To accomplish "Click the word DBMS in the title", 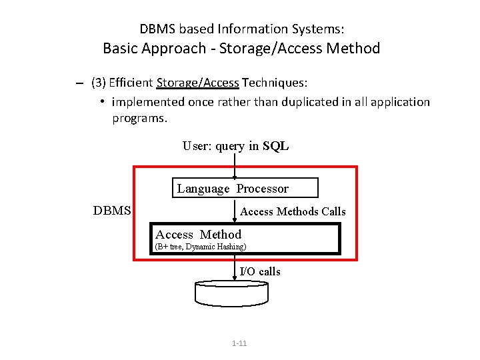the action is click(x=157, y=29).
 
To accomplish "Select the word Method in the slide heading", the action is click(x=353, y=48).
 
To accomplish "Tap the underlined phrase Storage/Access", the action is click(x=197, y=83).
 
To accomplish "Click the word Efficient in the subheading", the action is click(x=131, y=83).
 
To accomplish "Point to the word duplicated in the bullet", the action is click(x=310, y=101).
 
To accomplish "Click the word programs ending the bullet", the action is click(x=140, y=119).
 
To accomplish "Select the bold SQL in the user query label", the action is click(x=275, y=146).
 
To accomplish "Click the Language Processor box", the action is click(x=245, y=187).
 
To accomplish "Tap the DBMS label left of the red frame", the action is click(x=112, y=210).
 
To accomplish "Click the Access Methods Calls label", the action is click(x=293, y=211).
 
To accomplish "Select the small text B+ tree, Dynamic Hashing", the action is click(x=201, y=247).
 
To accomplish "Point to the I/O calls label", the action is click(x=260, y=271).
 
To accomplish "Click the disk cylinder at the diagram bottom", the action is click(x=232, y=293).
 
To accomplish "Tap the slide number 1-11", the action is click(x=239, y=343).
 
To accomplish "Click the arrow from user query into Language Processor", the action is click(x=235, y=166).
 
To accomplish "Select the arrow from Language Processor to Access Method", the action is click(x=235, y=211).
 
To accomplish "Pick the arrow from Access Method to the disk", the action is click(x=235, y=268).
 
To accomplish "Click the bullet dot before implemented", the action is click(x=103, y=101).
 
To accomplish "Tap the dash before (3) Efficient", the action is click(x=79, y=83).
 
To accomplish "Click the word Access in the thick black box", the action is click(x=174, y=235).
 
